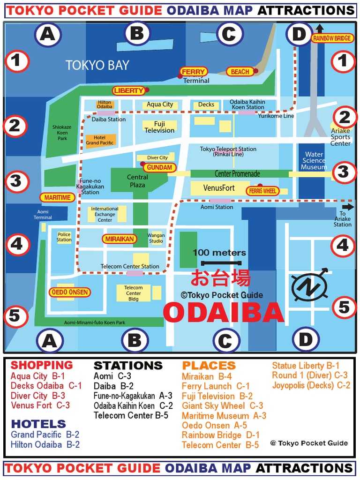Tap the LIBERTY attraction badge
click(x=128, y=90)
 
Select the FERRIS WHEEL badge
click(x=263, y=191)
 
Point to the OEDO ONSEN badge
click(x=70, y=292)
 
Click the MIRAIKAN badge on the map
click(x=120, y=239)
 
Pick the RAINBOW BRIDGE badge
click(x=332, y=38)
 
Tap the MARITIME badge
click(x=58, y=198)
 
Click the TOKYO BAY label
click(x=97, y=65)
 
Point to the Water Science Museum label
click(x=314, y=161)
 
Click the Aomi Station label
click(x=217, y=207)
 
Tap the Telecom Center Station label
click(x=130, y=266)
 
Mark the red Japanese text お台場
click(x=220, y=278)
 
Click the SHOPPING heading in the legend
click(x=42, y=365)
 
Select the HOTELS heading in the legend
click(x=38, y=424)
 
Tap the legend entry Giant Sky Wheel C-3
click(x=222, y=406)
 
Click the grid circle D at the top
click(x=299, y=34)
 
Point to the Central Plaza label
click(x=137, y=181)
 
